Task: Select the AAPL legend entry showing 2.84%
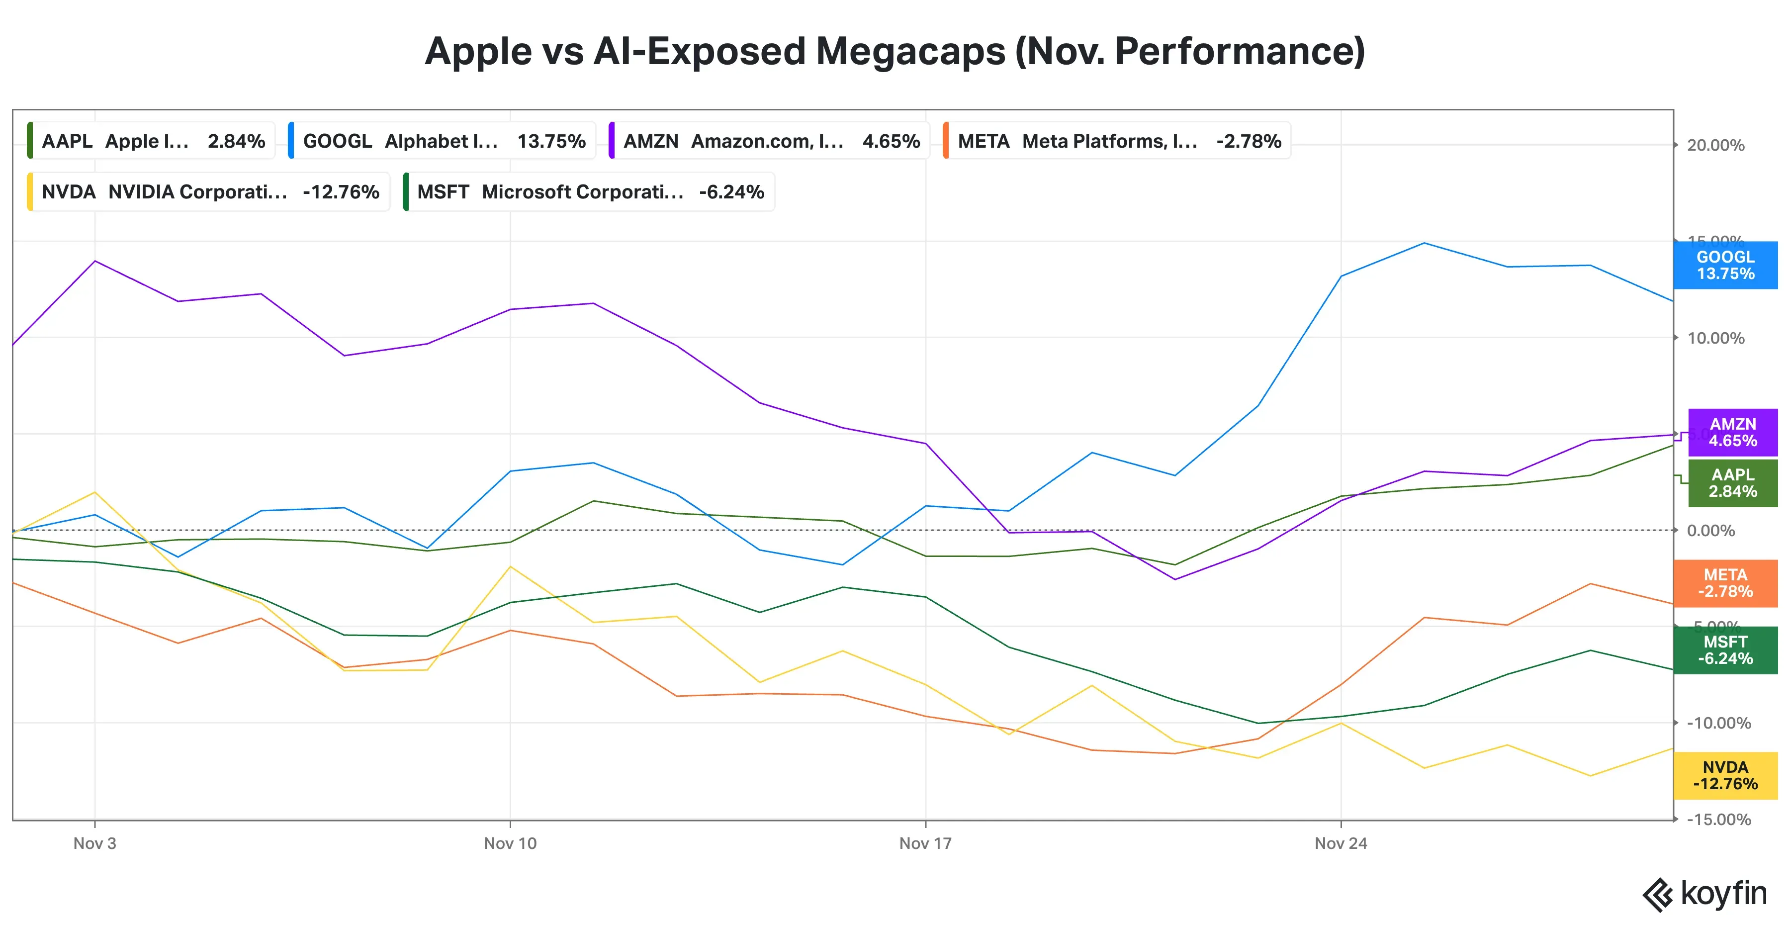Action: [152, 141]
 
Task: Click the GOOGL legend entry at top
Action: [443, 141]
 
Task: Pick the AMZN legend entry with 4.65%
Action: [770, 141]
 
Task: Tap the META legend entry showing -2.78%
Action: [1117, 141]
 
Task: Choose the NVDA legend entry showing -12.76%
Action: [208, 192]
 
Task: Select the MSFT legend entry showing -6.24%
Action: [589, 192]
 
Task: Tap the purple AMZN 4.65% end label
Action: [1732, 432]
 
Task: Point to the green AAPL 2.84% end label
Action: [1732, 483]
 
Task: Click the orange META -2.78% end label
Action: [1725, 583]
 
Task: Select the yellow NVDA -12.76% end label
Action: [1725, 776]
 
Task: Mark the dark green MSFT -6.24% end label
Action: [1725, 650]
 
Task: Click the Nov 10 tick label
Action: [510, 843]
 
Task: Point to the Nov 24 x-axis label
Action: [1341, 843]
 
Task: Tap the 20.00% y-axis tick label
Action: [1715, 145]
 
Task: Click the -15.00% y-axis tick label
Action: [1718, 820]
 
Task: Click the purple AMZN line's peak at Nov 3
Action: [95, 261]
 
